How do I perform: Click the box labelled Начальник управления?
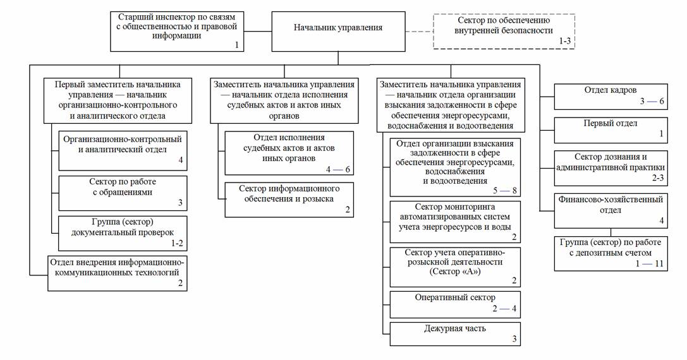coord(338,28)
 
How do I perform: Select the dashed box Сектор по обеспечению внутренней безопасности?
coord(504,30)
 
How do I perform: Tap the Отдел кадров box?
coord(609,96)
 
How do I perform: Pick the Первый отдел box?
coord(609,128)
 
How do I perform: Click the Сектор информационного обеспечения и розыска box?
coord(289,199)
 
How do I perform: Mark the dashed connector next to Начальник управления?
coord(418,30)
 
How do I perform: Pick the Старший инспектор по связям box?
coord(177,31)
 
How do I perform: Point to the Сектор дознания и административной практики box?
coord(609,166)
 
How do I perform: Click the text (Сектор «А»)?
coord(454,272)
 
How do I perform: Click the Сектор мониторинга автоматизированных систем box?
coord(455,222)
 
